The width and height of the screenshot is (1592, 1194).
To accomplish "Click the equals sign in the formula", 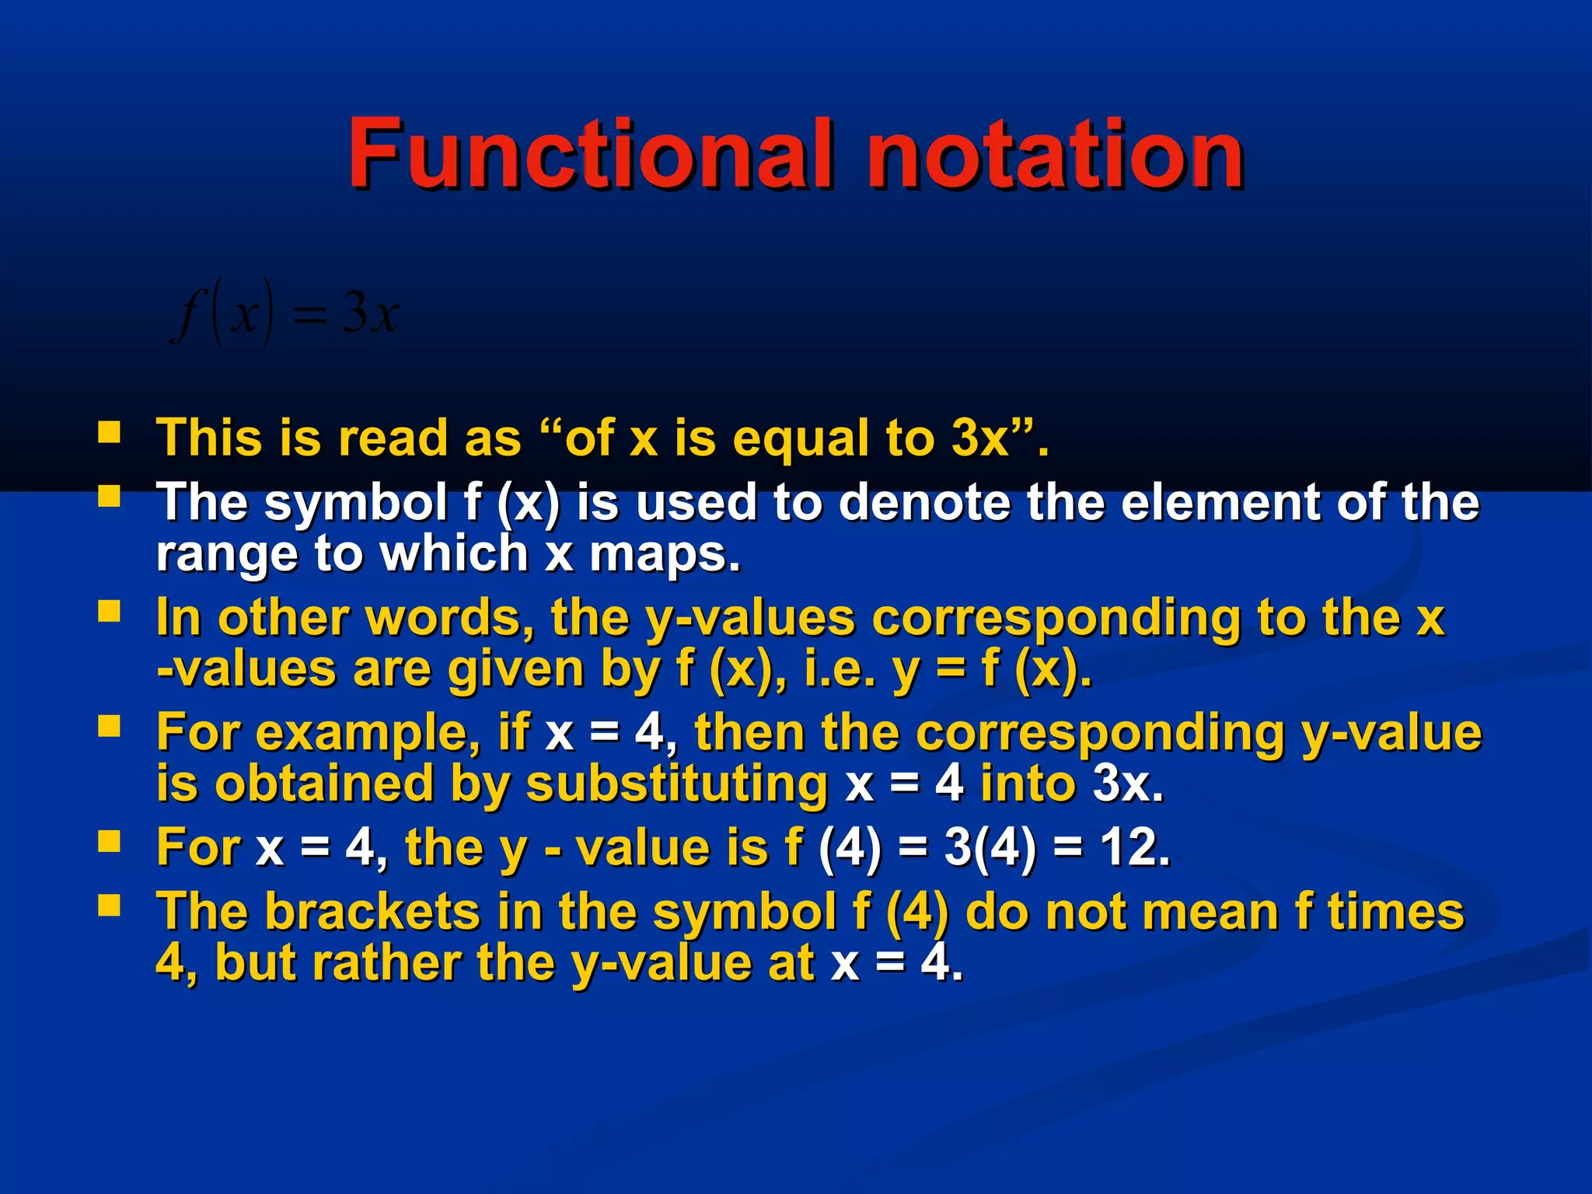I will click(x=309, y=316).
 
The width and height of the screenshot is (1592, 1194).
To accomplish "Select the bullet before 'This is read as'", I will click(x=109, y=432).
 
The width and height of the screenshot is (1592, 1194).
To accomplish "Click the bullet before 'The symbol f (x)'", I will click(x=109, y=496).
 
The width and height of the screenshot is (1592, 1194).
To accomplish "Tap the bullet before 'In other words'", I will click(x=109, y=612).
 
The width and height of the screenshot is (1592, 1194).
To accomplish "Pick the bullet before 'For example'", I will click(x=109, y=727).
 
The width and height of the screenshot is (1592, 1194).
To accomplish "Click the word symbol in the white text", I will click(x=356, y=503).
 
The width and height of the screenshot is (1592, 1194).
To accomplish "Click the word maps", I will click(x=665, y=554).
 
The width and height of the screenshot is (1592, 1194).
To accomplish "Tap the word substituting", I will click(x=677, y=784).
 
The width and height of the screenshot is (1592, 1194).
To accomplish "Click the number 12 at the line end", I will click(x=1133, y=847).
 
